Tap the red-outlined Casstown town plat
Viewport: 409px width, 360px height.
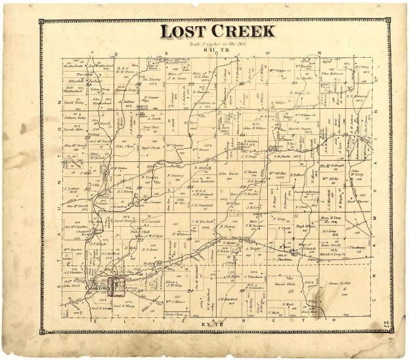tap(117, 285)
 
